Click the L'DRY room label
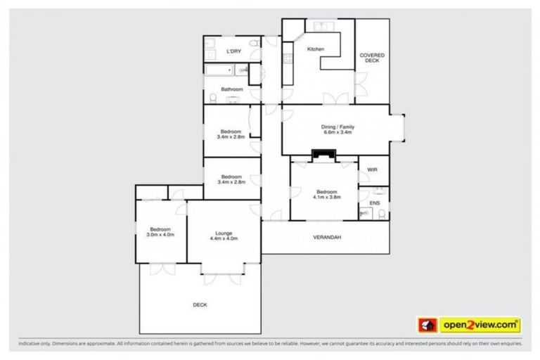point(231,52)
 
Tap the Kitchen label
point(316,49)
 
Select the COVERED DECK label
point(371,58)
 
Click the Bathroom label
point(232,89)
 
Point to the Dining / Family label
point(337,126)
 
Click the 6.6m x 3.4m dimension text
point(337,132)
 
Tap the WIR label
point(373,170)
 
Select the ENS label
point(375,203)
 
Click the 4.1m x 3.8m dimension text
point(327,198)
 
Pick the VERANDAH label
point(327,238)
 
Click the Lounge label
point(224,233)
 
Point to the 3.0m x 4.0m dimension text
point(161,234)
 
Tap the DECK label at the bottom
point(200,304)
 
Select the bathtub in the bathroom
point(220,70)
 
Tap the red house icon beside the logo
point(427,325)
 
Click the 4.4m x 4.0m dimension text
point(224,239)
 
